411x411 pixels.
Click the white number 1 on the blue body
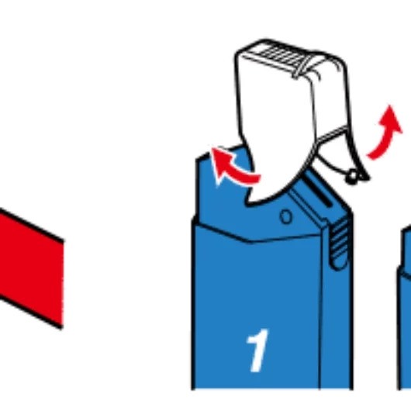(258, 351)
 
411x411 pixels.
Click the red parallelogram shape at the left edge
(29, 268)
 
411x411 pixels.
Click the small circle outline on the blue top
(286, 216)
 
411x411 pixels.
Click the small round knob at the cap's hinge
(352, 176)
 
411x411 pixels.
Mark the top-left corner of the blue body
(197, 160)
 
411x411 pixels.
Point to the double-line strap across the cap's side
(333, 134)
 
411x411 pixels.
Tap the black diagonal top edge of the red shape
(32, 225)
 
